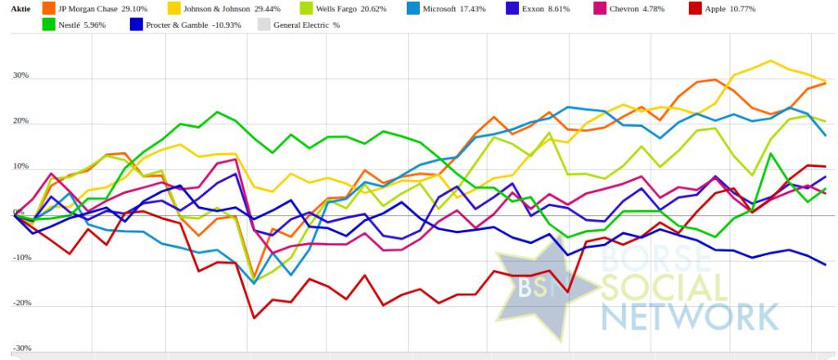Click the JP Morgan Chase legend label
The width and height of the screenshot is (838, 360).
click(99, 8)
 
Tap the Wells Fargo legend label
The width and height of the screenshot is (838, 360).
click(354, 8)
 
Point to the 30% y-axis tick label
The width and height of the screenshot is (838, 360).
click(20, 76)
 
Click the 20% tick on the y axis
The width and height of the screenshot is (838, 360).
click(20, 122)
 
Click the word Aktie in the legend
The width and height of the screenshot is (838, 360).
click(19, 8)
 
